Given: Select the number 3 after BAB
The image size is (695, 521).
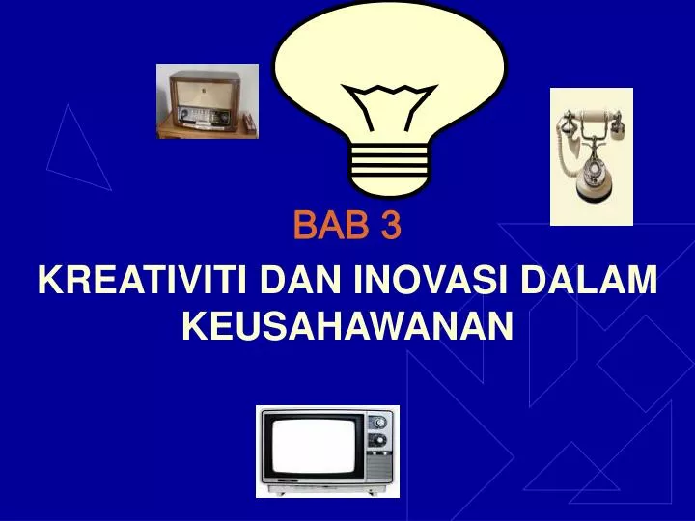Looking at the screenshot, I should (390, 228).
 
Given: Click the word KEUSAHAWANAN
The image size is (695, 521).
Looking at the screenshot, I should (347, 327).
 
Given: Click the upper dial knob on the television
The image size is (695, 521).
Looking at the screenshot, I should (380, 422).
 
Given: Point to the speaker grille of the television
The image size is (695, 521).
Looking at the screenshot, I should (380, 468).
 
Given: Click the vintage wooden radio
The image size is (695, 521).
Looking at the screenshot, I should (207, 101).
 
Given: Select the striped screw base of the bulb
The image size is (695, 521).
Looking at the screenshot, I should (388, 169).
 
